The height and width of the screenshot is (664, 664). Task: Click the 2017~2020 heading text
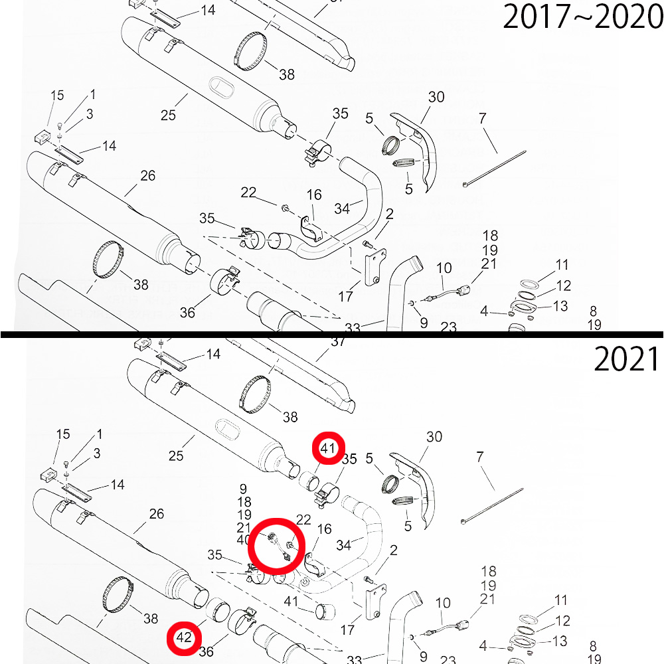(583, 17)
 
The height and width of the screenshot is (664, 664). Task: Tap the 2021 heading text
(626, 359)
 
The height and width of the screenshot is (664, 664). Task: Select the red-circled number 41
(328, 448)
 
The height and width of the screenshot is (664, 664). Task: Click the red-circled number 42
(184, 637)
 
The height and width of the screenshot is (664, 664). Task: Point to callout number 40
(244, 540)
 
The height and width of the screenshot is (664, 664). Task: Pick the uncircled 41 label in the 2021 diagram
(291, 602)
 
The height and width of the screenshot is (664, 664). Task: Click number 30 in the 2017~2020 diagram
(436, 97)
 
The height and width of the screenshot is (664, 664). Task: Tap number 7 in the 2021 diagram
(480, 457)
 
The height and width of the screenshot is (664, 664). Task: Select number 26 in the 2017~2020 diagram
(148, 175)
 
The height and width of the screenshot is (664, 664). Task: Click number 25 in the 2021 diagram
(176, 456)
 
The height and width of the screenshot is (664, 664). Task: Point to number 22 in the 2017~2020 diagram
(248, 193)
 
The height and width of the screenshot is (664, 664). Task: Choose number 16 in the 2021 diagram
(325, 529)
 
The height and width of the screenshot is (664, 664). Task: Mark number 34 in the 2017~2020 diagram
(342, 208)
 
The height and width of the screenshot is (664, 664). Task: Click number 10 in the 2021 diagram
(443, 603)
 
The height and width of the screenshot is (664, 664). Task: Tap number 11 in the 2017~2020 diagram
(562, 265)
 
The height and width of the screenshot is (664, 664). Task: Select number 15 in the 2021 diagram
(63, 434)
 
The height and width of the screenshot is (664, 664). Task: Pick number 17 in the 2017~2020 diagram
(345, 296)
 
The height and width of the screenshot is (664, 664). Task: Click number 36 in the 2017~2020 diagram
(187, 313)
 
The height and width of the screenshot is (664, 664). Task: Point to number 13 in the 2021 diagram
(560, 641)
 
